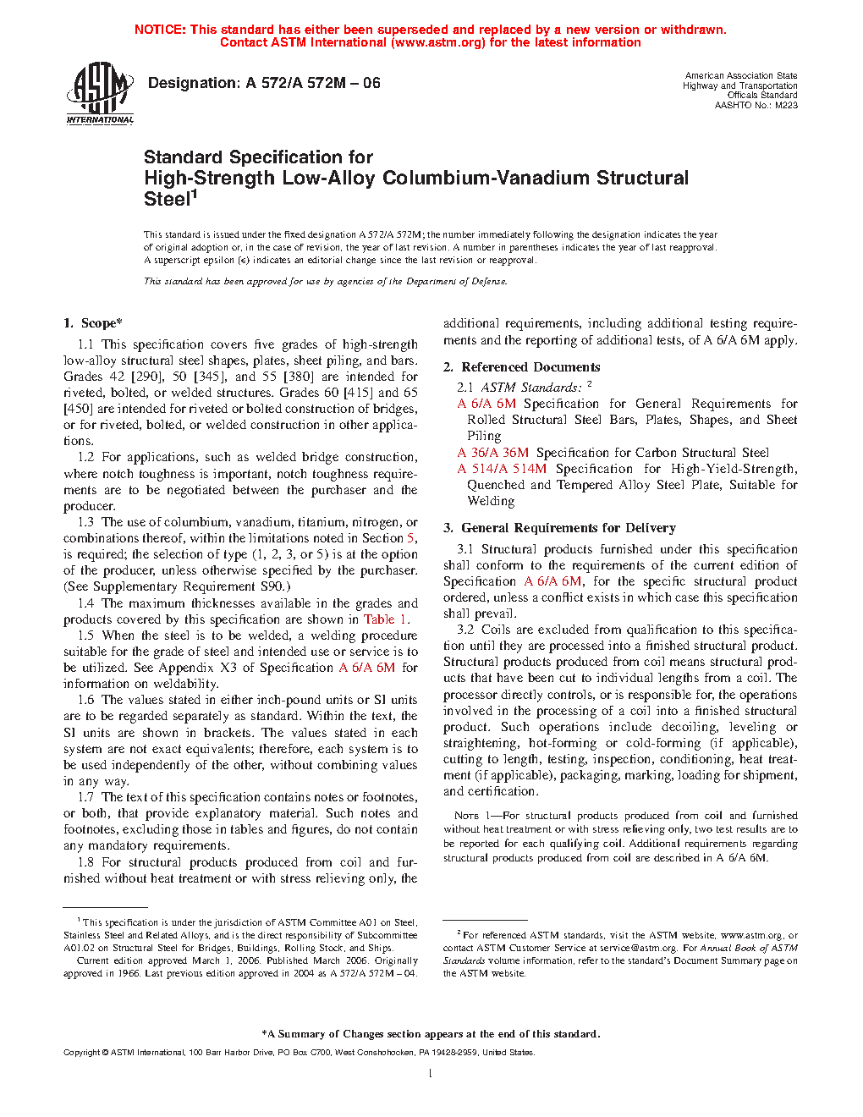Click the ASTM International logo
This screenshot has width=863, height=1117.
[x=99, y=93]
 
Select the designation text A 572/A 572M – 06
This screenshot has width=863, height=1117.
[x=313, y=83]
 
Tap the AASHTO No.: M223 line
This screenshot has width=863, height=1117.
[x=756, y=106]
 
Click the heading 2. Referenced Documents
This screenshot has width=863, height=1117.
[x=522, y=367]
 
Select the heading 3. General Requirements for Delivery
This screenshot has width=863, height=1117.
[x=559, y=528]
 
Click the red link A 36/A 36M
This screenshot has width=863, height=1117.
[x=492, y=453]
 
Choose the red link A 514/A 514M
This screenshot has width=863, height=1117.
[x=502, y=469]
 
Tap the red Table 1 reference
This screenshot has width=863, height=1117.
[x=385, y=619]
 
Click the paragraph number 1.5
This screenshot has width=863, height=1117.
[x=85, y=636]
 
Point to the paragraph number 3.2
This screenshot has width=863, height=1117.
[x=465, y=630]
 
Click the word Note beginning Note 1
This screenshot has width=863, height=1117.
[x=466, y=816]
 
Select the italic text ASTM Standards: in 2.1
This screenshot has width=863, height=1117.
[x=531, y=388]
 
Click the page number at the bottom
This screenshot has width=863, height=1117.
[x=431, y=1074]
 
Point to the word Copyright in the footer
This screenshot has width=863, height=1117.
[x=81, y=1053]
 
